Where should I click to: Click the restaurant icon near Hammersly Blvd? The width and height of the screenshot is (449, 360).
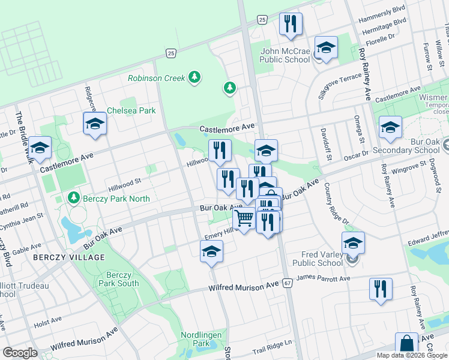tap(291, 25)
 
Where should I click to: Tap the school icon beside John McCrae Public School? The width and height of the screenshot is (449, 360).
tap(326, 48)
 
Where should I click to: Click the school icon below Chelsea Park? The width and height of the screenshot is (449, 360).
tap(94, 124)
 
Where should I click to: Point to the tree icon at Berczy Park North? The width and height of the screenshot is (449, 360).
tap(73, 197)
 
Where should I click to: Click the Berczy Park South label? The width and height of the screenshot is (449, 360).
tap(118, 279)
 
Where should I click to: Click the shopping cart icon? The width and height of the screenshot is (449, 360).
tap(244, 219)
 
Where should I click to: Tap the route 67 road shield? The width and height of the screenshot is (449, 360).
tap(288, 283)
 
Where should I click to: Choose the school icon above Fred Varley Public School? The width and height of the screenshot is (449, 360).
tap(353, 243)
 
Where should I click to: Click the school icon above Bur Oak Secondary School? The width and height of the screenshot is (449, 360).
tap(390, 127)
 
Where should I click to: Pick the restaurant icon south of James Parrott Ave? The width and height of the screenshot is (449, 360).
tap(381, 289)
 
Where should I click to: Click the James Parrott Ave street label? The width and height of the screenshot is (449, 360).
tap(323, 278)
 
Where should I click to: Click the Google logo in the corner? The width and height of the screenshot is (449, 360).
tap(20, 353)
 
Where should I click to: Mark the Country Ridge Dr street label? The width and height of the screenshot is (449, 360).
tap(336, 205)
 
